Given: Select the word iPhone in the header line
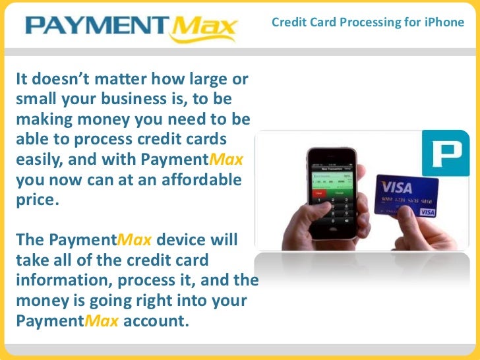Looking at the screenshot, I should (444, 23).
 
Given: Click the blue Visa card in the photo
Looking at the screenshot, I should (406, 196).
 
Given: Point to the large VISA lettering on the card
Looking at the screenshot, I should (396, 186).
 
